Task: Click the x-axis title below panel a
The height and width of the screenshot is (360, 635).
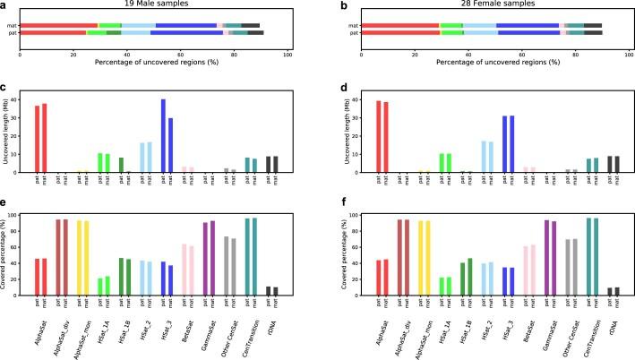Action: coord(153,60)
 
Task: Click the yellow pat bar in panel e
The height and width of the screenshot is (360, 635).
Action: coord(79,244)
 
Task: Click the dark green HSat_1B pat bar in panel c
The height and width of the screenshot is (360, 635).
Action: coord(121,165)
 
